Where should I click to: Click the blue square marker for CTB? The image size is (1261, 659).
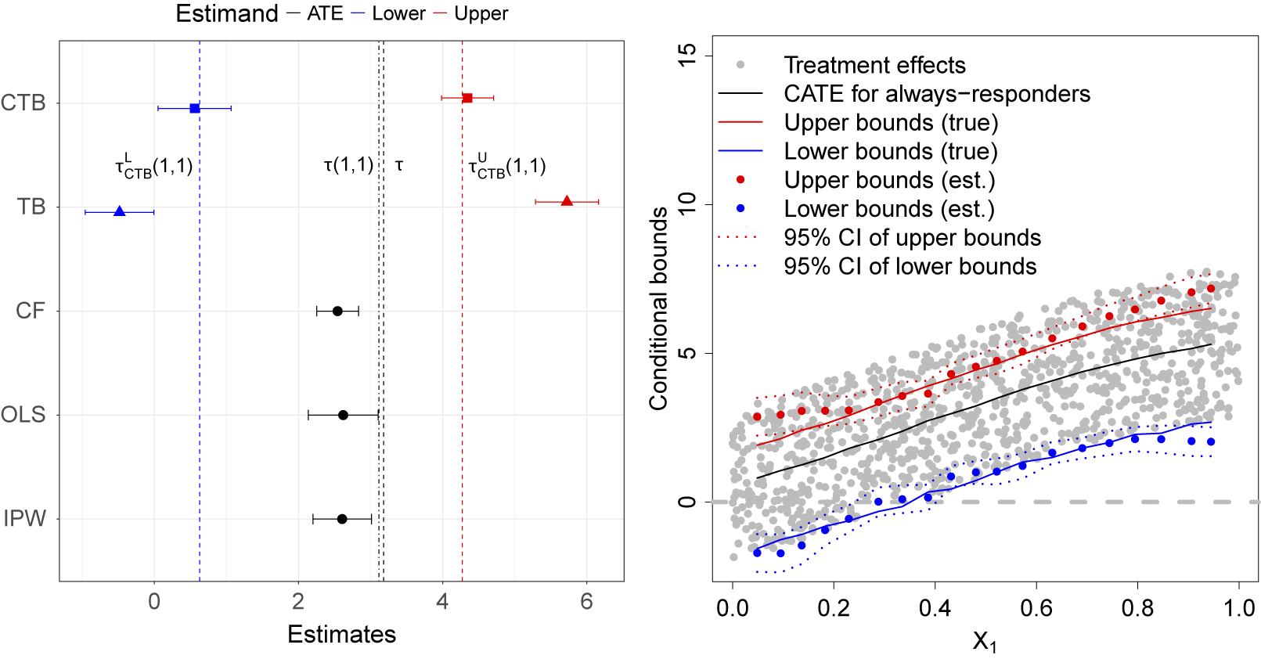coord(195,108)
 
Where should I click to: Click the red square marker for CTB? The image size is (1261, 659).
coord(467,98)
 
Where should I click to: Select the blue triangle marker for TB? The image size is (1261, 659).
coord(120,211)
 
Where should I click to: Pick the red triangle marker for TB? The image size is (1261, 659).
coord(567,201)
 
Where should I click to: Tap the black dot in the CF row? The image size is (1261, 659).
coord(337,311)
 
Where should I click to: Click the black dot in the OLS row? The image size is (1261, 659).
coord(343,415)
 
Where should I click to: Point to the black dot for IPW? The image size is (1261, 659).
coord(342,519)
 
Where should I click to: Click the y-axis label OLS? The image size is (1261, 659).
coord(23,415)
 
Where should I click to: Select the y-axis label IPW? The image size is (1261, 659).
coord(25,519)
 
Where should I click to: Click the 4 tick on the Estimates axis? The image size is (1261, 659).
coord(442,601)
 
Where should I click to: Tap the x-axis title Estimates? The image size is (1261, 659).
coord(341,634)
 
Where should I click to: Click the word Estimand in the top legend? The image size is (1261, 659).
coord(226,13)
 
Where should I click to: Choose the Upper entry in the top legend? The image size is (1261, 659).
coord(481,13)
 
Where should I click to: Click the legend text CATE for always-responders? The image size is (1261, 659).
coord(936,94)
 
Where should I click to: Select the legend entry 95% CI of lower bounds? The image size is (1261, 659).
coord(910,267)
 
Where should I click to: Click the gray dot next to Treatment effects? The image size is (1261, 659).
coord(740,65)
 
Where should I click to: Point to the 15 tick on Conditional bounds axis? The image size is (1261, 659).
coord(686,56)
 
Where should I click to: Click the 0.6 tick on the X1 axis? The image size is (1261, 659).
coord(1036,608)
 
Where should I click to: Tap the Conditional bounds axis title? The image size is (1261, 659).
coord(658,308)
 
